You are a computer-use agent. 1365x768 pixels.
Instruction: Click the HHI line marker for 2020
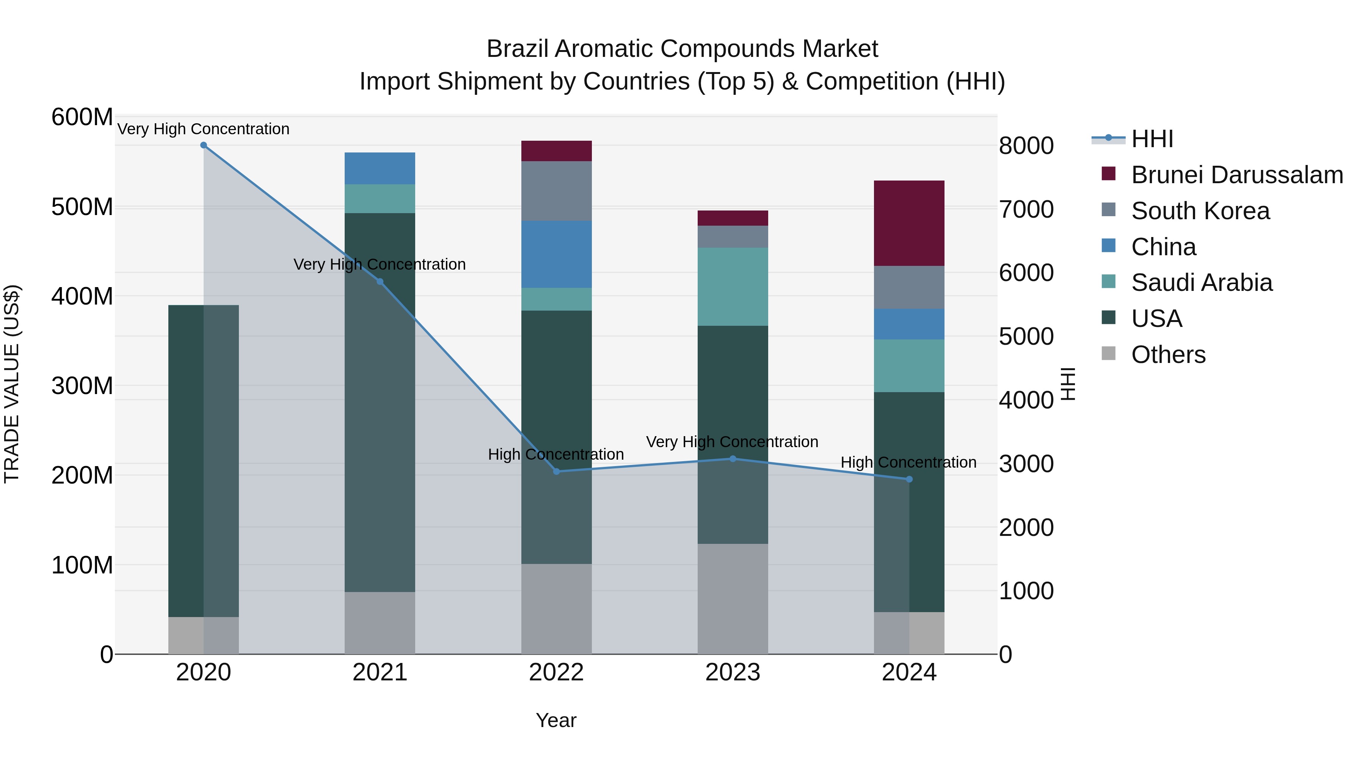pyautogui.click(x=204, y=145)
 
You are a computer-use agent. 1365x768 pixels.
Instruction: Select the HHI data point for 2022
pyautogui.click(x=556, y=471)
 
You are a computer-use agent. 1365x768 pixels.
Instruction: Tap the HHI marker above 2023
pyautogui.click(x=733, y=459)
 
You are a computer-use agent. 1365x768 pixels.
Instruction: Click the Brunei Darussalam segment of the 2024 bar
pyautogui.click(x=909, y=223)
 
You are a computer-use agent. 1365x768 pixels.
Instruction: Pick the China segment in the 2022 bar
pyautogui.click(x=556, y=254)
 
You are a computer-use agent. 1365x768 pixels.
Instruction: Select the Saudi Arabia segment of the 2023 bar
pyautogui.click(x=733, y=287)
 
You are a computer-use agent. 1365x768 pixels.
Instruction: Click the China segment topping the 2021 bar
pyautogui.click(x=380, y=168)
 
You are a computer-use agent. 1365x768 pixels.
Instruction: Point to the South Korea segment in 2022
pyautogui.click(x=556, y=191)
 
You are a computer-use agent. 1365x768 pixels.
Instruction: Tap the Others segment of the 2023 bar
pyautogui.click(x=733, y=599)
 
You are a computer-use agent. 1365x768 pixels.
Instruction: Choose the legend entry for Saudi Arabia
pyautogui.click(x=1201, y=283)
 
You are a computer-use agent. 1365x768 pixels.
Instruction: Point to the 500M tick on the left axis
pyautogui.click(x=82, y=207)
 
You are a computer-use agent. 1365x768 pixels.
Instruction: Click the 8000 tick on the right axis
pyautogui.click(x=1026, y=146)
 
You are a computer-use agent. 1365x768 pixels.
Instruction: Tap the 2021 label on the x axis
pyautogui.click(x=380, y=672)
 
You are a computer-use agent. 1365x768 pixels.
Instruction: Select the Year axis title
pyautogui.click(x=556, y=720)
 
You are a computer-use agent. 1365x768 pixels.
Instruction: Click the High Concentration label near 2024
pyautogui.click(x=908, y=462)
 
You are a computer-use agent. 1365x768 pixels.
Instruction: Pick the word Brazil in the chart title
pyautogui.click(x=518, y=49)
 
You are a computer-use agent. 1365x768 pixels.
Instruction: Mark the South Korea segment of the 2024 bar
pyautogui.click(x=909, y=287)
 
